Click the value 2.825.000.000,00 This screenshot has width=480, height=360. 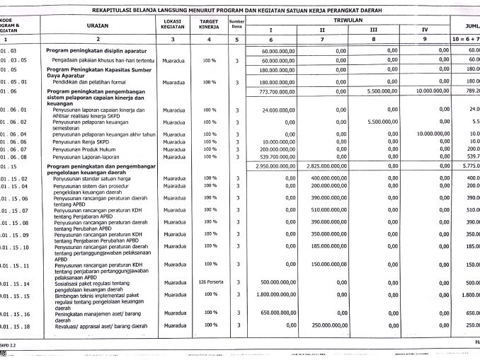pos(322,166)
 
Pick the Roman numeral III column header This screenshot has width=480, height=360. pos(373,30)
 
